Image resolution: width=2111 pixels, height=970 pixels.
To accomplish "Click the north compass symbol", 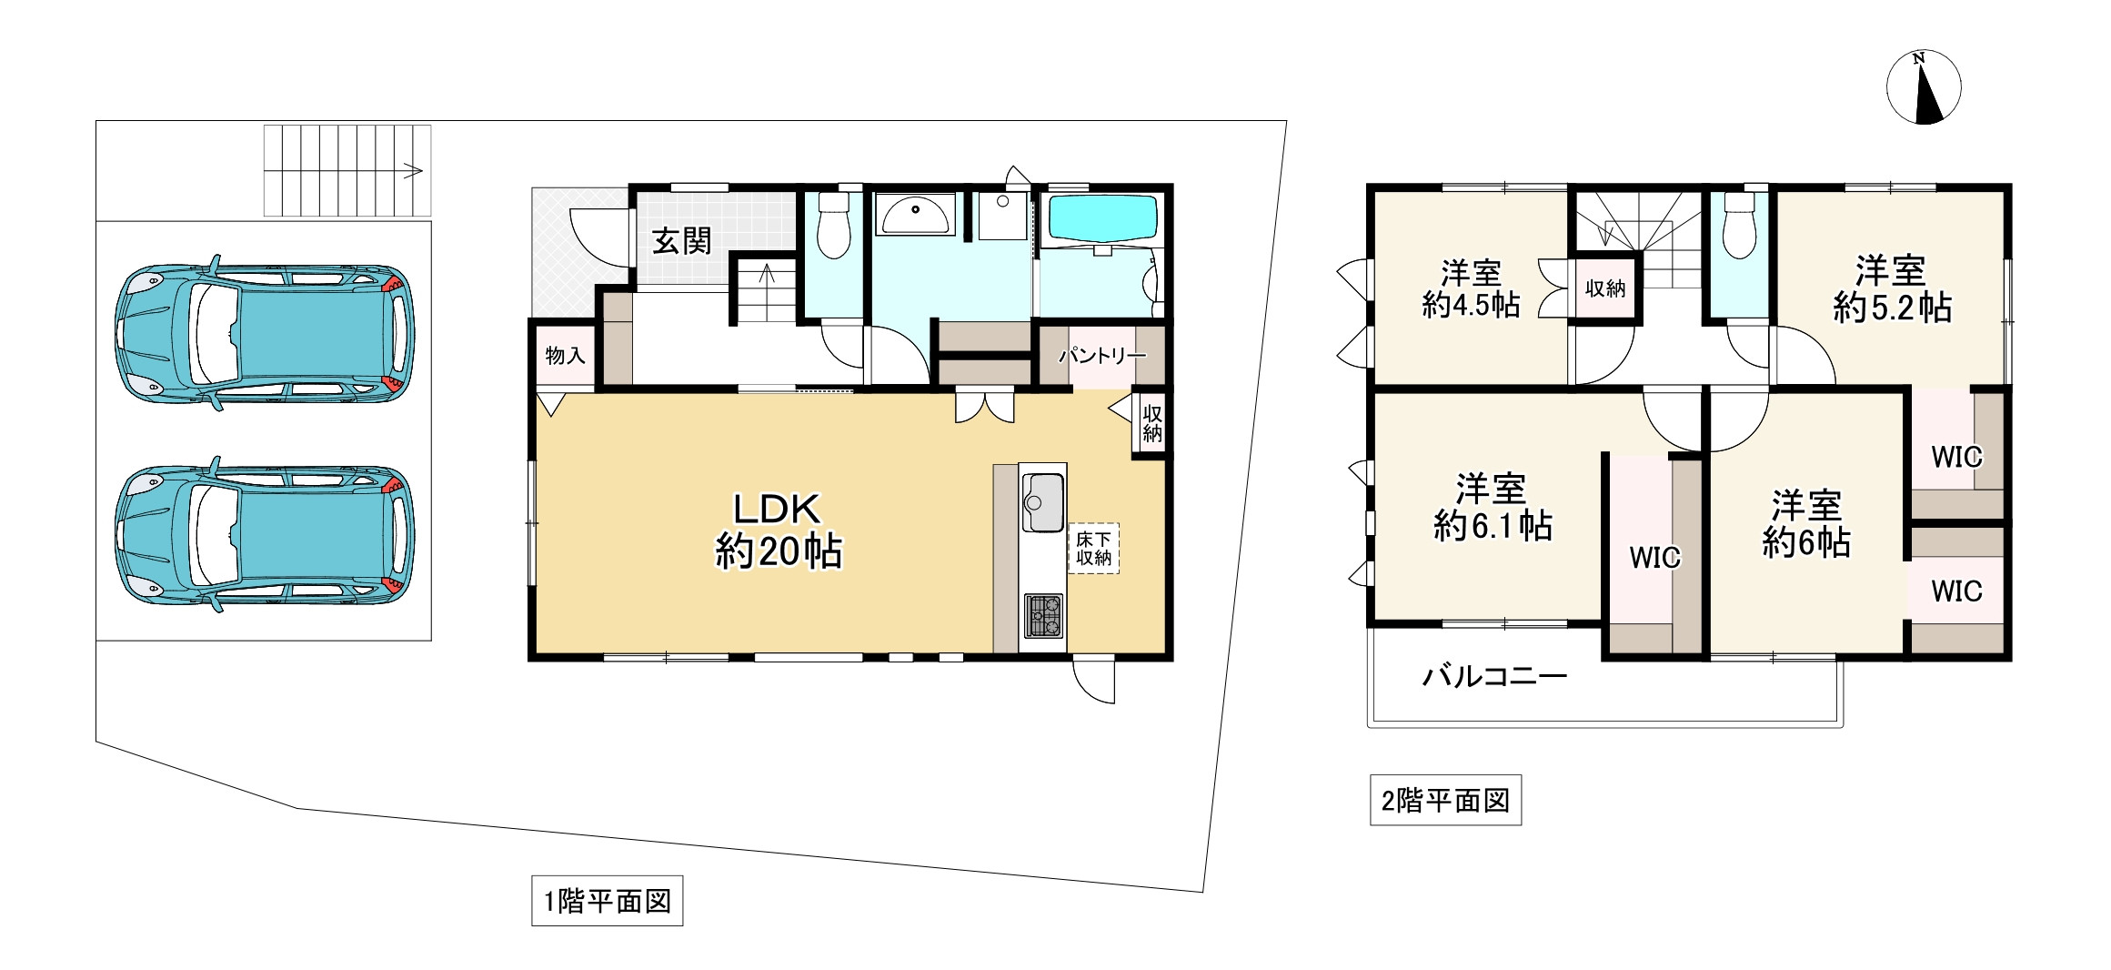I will pyautogui.click(x=1923, y=88).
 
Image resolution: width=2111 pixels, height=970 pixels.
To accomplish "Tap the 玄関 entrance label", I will pyautogui.click(x=681, y=242).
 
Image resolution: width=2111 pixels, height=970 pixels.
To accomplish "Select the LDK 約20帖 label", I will pyautogui.click(x=779, y=531).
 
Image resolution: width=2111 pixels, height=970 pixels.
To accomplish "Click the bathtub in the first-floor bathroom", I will pyautogui.click(x=1103, y=217).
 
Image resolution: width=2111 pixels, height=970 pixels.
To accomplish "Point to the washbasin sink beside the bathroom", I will pyautogui.click(x=915, y=214).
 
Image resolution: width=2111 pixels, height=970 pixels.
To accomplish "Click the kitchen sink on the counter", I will pyautogui.click(x=1042, y=502).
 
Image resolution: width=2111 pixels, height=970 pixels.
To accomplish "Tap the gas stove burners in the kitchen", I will pyautogui.click(x=1043, y=615).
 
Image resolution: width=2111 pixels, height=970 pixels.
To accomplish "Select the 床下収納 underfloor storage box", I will pyautogui.click(x=1093, y=549).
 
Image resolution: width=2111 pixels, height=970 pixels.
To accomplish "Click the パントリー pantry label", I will pyautogui.click(x=1101, y=356).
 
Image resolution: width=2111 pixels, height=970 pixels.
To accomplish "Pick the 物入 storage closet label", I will pyautogui.click(x=565, y=356).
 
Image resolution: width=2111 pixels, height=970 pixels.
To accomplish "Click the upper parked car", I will pyautogui.click(x=265, y=333).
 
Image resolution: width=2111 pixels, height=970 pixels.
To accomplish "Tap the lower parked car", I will pyautogui.click(x=265, y=535).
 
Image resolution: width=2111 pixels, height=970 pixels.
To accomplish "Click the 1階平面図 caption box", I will pyautogui.click(x=607, y=901).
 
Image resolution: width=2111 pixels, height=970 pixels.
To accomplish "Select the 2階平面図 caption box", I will pyautogui.click(x=1444, y=801).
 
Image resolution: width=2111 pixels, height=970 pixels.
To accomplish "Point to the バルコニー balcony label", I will pyautogui.click(x=1494, y=676).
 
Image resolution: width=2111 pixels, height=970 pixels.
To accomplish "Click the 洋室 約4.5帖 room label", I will pyautogui.click(x=1471, y=288).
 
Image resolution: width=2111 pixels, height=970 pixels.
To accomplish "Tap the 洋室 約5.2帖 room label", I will pyautogui.click(x=1891, y=289).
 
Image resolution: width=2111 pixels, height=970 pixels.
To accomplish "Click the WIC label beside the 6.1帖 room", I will pyautogui.click(x=1654, y=558).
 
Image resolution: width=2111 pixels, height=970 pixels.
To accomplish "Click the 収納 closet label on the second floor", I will pyautogui.click(x=1604, y=288).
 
